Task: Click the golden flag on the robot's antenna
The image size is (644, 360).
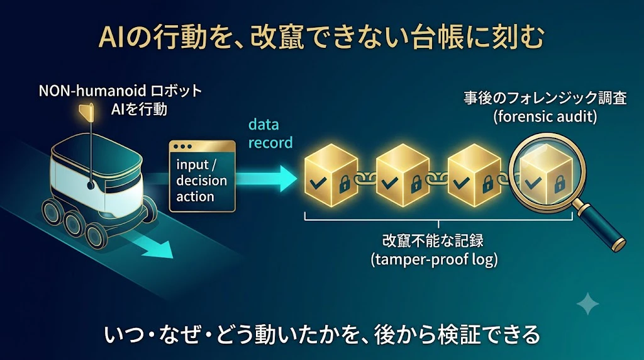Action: point(87,112)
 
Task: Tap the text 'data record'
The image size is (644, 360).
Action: point(270,133)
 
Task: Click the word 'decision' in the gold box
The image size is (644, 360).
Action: point(201,181)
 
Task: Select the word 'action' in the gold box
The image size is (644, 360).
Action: point(195,196)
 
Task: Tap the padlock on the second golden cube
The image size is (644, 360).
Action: point(416,184)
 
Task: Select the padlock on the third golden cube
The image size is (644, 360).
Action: point(487,184)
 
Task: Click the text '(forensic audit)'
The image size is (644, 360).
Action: point(545,117)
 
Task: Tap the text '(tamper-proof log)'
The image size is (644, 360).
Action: point(434,260)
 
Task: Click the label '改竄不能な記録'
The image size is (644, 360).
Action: point(433,240)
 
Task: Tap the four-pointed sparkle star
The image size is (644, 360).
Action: point(588,304)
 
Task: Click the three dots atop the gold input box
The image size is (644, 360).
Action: point(183,146)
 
